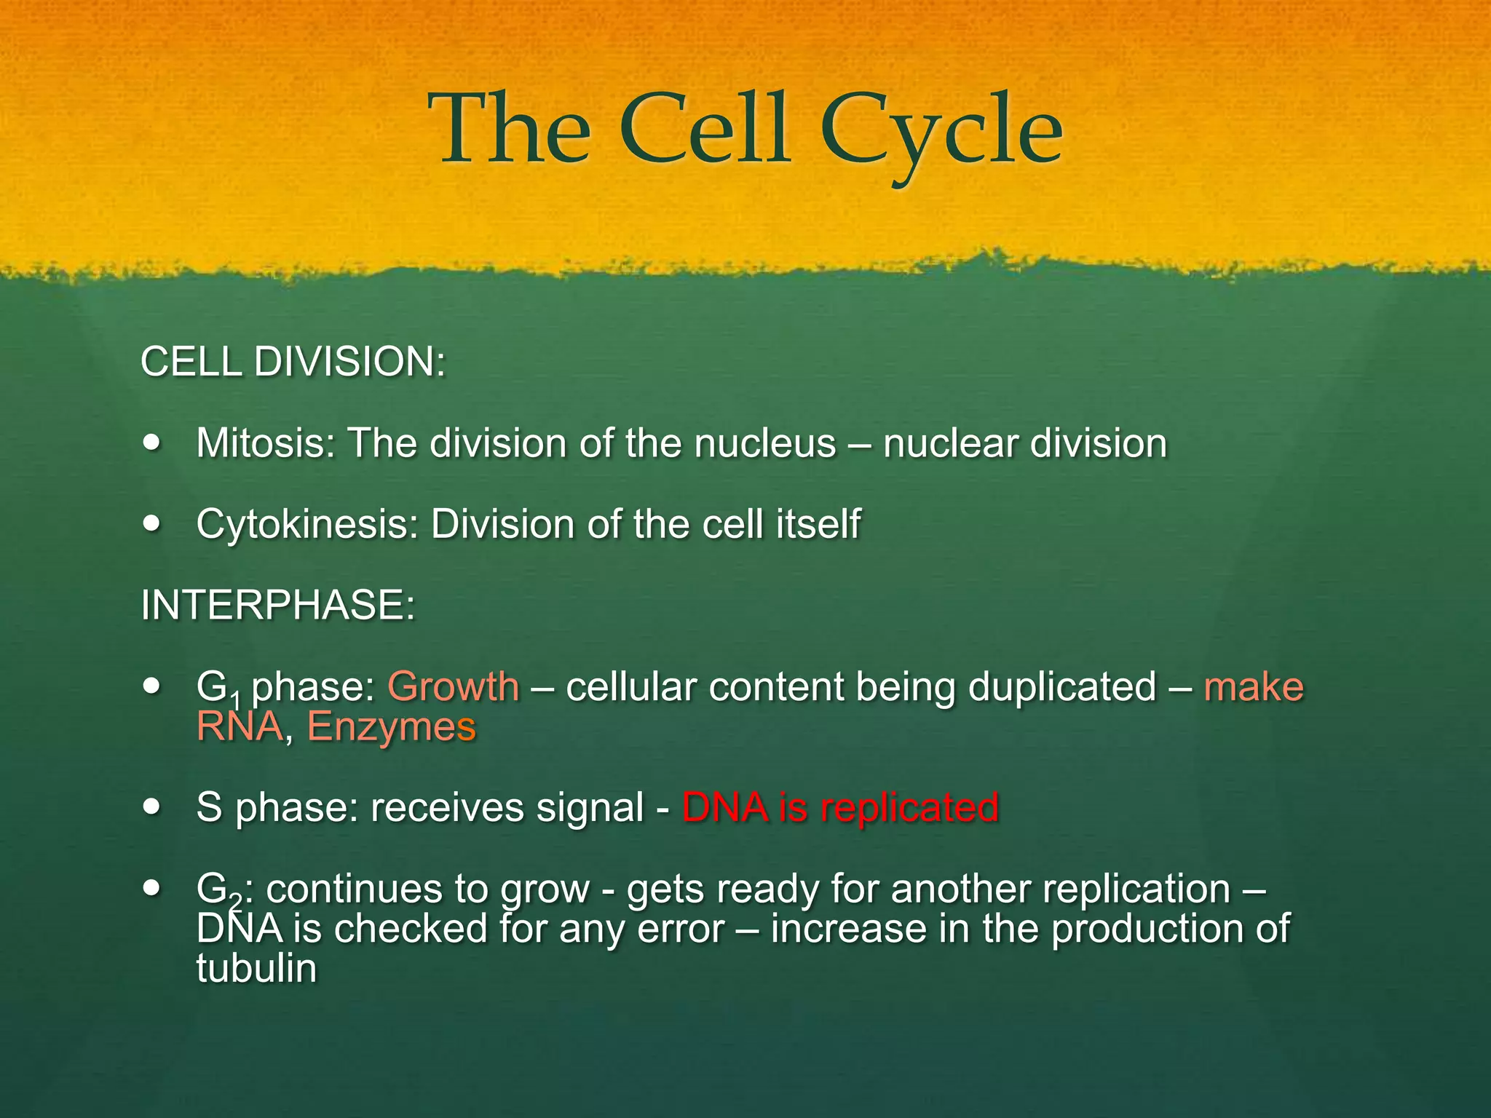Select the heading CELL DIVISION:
point(293,362)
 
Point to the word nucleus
point(764,443)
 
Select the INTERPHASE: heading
point(278,606)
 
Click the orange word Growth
point(453,687)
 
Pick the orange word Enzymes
point(391,727)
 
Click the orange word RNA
point(240,727)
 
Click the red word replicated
point(909,808)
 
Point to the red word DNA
point(725,808)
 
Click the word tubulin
point(256,969)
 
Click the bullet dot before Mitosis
point(151,443)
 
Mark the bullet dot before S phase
point(151,806)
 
